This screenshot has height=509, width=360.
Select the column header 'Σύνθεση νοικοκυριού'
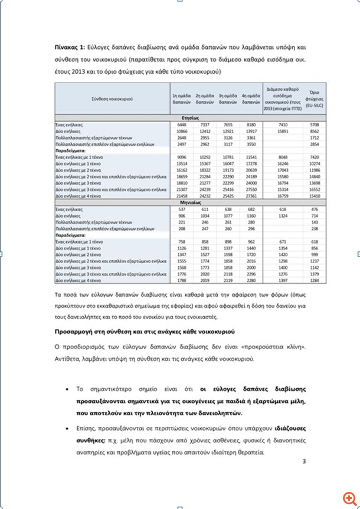112,97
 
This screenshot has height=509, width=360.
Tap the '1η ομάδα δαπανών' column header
179,97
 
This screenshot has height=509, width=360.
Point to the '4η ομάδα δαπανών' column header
251,97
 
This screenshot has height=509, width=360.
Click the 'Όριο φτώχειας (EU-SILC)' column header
313,97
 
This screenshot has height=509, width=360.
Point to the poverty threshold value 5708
313,125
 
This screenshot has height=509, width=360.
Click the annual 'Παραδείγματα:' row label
72,150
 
